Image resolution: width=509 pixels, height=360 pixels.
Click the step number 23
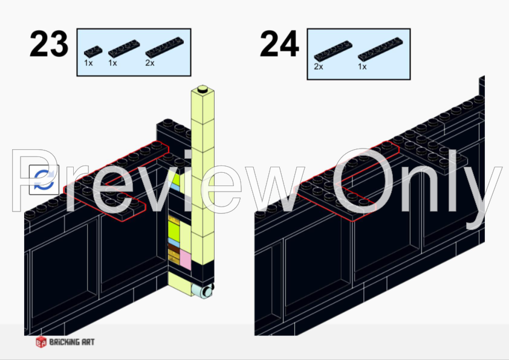[x=49, y=43]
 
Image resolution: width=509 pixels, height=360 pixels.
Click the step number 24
[x=279, y=43]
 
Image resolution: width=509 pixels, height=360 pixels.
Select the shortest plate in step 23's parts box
[x=93, y=52]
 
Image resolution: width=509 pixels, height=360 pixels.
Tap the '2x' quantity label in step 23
[x=150, y=63]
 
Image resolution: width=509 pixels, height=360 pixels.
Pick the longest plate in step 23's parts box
[x=164, y=47]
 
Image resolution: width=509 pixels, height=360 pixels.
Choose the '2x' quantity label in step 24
[x=319, y=66]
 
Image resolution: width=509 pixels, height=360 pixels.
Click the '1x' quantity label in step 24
[x=362, y=66]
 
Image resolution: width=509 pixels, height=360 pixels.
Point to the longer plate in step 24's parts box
[x=380, y=50]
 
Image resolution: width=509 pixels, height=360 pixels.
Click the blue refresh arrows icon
[x=44, y=179]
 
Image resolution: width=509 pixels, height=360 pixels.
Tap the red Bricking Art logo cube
[x=41, y=342]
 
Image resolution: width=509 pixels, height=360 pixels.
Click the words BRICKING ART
[x=72, y=342]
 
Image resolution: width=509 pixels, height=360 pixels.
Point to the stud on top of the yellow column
[x=203, y=89]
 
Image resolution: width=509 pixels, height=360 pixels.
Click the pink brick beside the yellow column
[x=186, y=259]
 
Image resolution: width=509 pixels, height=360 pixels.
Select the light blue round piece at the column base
[x=202, y=291]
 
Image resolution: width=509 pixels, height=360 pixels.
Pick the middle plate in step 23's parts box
[x=124, y=49]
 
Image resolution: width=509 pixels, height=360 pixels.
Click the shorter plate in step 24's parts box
[x=333, y=51]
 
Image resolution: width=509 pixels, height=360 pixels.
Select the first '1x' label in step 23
[x=88, y=63]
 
